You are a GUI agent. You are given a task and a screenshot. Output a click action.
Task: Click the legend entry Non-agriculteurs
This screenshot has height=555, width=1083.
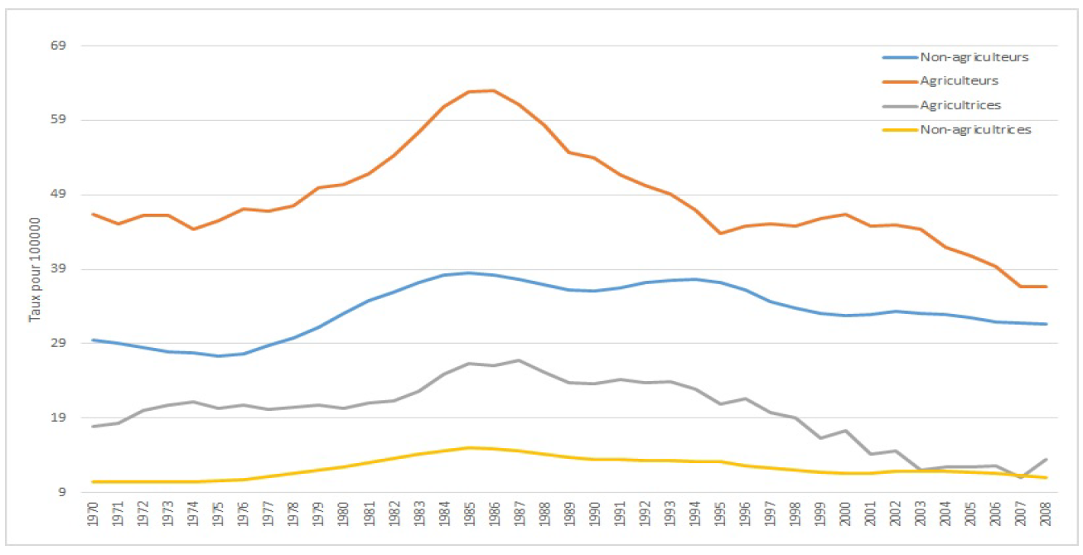click(x=974, y=57)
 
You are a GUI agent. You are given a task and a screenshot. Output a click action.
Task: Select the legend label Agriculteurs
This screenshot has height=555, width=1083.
click(x=959, y=81)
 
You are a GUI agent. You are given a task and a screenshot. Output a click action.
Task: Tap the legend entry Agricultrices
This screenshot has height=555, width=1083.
click(x=960, y=105)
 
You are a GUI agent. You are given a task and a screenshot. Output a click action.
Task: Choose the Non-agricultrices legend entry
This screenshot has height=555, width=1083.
click(x=975, y=129)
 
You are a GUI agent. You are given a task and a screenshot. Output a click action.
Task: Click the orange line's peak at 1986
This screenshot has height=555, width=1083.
click(x=494, y=90)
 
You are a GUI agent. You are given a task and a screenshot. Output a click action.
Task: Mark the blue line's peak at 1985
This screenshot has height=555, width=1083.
click(x=469, y=273)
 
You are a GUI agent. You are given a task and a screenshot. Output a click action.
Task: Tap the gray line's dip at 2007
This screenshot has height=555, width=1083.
click(x=1021, y=478)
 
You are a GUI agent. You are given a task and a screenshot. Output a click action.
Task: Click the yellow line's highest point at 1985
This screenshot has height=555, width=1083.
click(x=469, y=447)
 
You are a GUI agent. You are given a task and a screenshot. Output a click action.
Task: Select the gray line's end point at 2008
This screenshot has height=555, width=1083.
click(x=1046, y=460)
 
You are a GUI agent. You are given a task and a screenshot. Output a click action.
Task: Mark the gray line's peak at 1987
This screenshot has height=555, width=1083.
click(x=520, y=360)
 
